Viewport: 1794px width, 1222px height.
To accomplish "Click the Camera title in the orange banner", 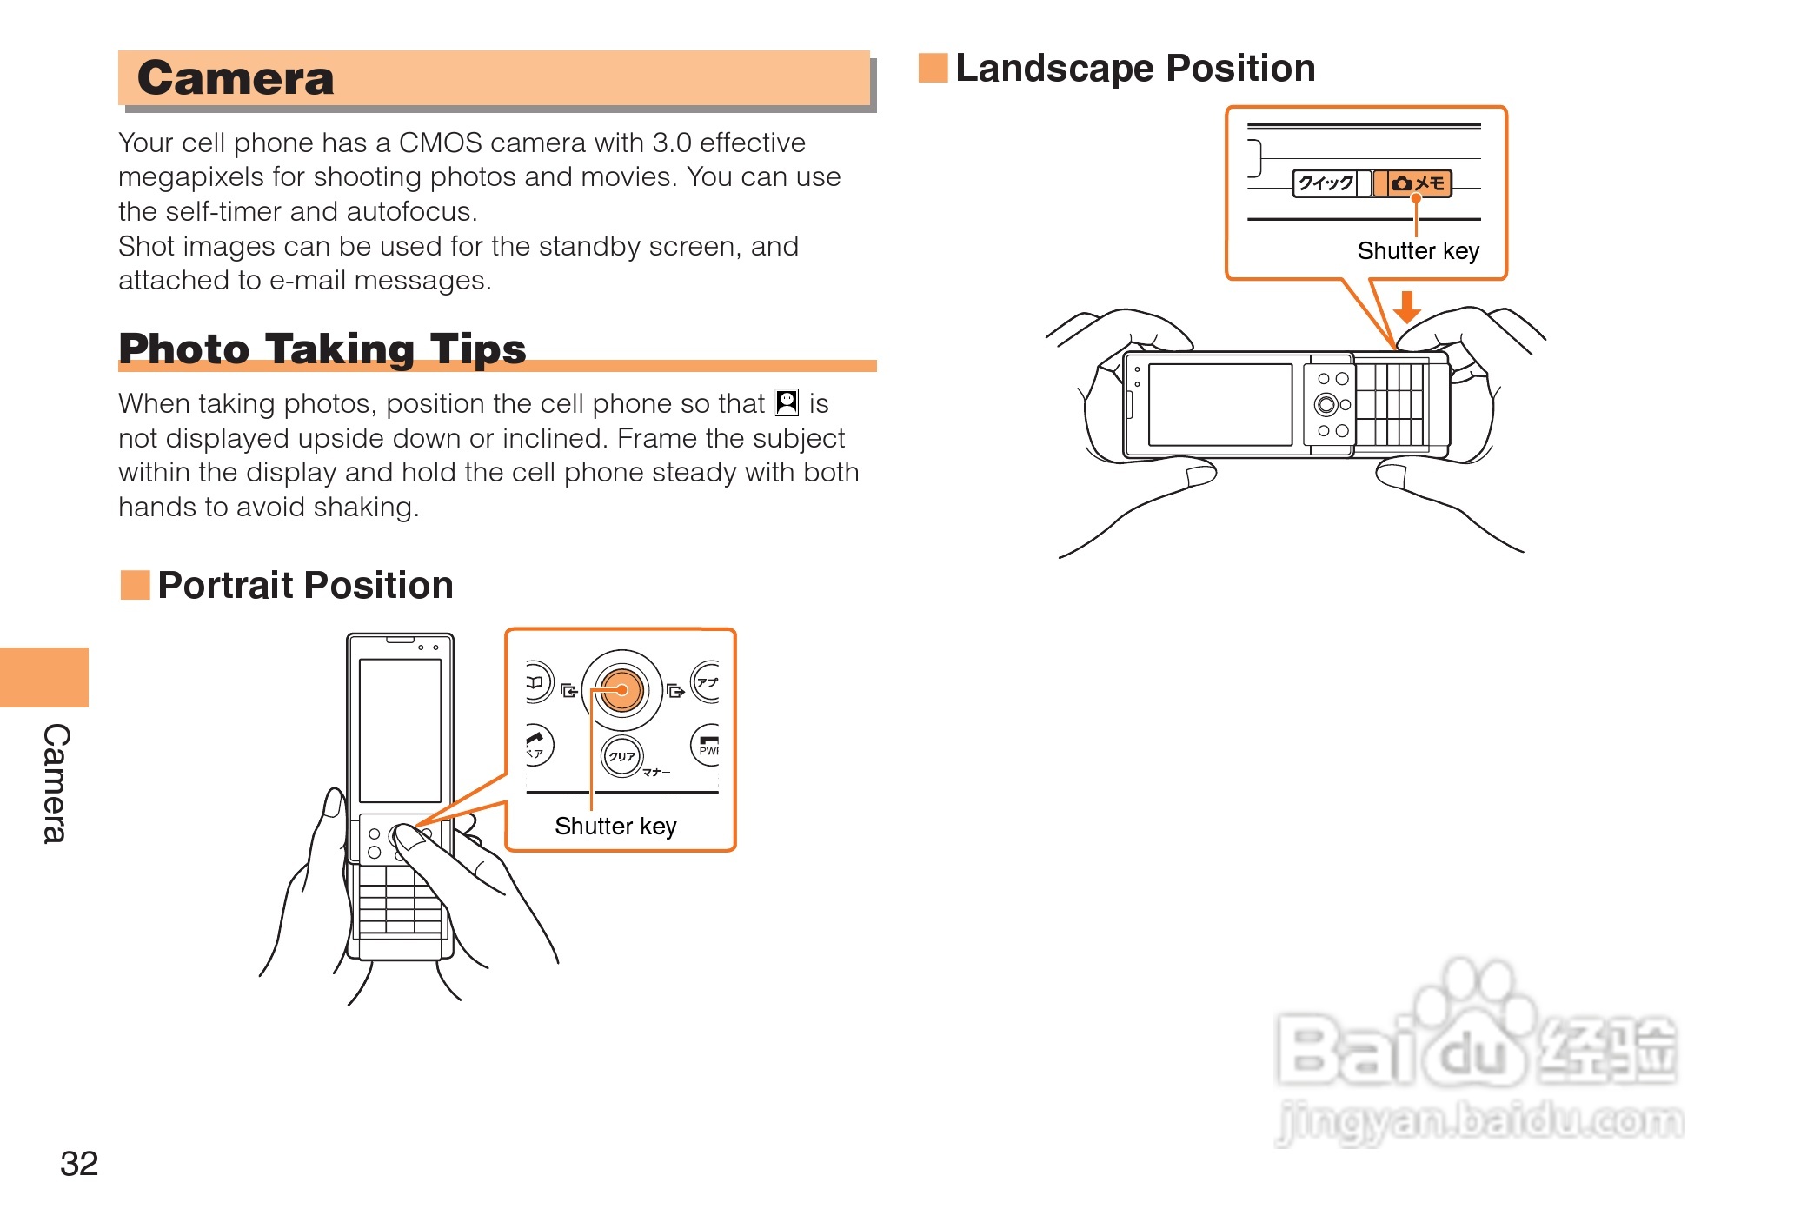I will pos(236,78).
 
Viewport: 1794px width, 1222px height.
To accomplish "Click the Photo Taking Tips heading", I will pos(322,349).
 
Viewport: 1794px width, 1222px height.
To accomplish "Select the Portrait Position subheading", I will pos(305,585).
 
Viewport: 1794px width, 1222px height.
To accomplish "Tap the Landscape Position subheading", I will pos(1134,68).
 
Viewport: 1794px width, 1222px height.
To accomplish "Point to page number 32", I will pos(79,1163).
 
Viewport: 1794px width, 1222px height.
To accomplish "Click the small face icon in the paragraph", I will pos(787,402).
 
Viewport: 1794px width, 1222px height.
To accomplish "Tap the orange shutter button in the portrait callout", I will pos(622,690).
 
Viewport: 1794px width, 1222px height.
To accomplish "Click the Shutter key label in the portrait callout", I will pos(615,826).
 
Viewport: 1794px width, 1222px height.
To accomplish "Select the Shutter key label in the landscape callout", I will pos(1418,251).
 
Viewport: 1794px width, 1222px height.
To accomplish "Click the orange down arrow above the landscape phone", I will pos(1406,306).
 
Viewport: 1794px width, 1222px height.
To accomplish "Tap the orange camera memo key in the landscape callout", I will pos(1417,183).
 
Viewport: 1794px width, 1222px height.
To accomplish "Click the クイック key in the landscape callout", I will pos(1325,183).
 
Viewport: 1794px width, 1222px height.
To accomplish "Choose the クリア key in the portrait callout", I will pos(621,755).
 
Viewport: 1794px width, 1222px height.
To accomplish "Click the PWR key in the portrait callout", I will pos(708,746).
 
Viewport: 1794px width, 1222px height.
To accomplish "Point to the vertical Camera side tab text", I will pos(56,782).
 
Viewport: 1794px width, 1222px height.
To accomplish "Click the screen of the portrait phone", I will pos(400,730).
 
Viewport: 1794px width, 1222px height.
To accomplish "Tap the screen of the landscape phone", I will pos(1219,404).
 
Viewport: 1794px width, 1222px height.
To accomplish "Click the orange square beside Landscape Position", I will pos(933,68).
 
